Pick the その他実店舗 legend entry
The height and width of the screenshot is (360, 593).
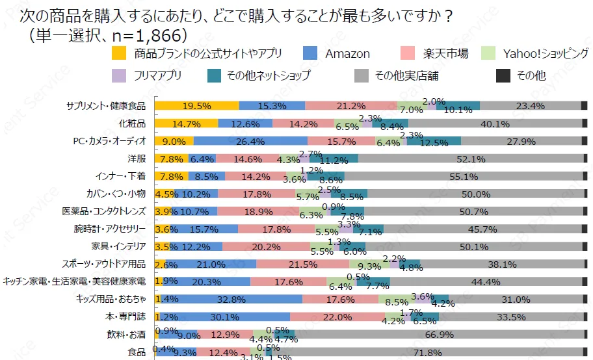[406, 76]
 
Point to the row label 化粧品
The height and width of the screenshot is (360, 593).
[131, 123]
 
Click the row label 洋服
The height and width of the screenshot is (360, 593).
[136, 159]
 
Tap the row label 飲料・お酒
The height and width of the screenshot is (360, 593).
[126, 335]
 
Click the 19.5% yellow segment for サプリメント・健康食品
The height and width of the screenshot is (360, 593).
[196, 106]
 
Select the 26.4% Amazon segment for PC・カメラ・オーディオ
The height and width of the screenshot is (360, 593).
[250, 141]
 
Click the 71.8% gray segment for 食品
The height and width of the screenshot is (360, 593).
[429, 352]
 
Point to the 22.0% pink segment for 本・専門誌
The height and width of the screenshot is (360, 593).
[336, 316]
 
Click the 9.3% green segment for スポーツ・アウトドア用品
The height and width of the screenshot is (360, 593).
[369, 264]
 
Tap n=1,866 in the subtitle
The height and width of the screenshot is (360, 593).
[144, 33]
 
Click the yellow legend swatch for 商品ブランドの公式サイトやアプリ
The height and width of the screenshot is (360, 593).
[119, 54]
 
